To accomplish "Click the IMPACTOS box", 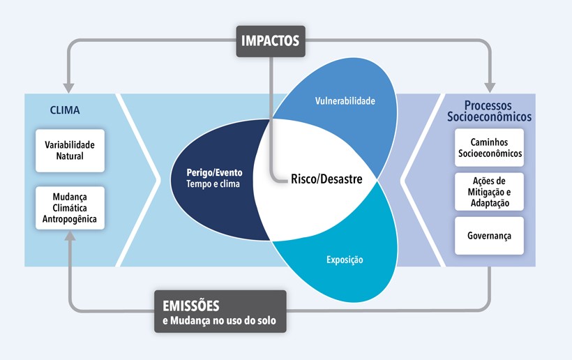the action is point(271,41).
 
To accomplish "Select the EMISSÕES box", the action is point(220,311).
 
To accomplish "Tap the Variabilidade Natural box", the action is point(70,151).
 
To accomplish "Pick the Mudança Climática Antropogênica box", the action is point(70,208).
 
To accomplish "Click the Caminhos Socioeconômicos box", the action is point(489,148).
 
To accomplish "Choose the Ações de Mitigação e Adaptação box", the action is point(489,192).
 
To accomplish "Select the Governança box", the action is point(489,236).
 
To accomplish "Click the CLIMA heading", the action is point(65,110).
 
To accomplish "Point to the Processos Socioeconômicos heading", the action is point(489,111).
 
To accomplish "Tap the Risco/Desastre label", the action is point(326,179).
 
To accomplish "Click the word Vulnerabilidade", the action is point(345,101).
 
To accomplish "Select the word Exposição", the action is point(345,260).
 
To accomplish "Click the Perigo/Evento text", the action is point(215,172).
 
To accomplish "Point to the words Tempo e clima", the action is point(213,183).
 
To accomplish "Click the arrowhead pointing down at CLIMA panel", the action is point(68,89).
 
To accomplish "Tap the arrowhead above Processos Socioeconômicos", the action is point(490,88).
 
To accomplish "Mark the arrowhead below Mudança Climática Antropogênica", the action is point(70,236).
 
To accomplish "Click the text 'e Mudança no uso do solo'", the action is point(219,321).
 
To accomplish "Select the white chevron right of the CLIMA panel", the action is point(139,180).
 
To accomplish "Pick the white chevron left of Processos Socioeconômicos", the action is point(423,180).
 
